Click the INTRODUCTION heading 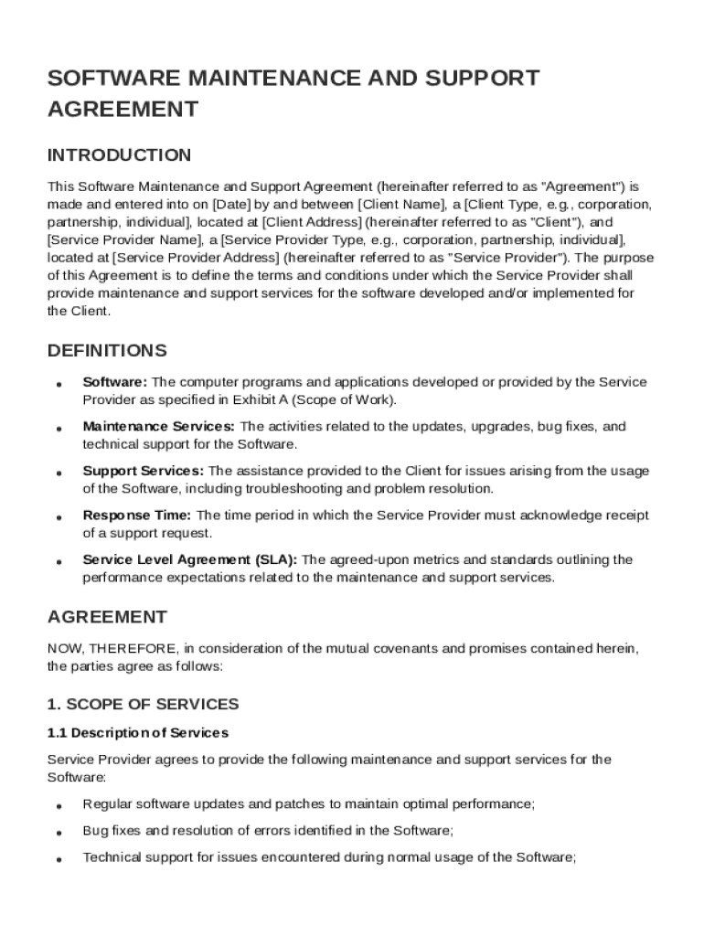119,154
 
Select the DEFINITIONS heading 107,351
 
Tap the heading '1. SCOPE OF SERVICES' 143,704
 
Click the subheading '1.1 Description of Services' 137,733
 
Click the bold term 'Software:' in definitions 114,382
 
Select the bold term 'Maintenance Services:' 159,427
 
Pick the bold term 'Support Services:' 144,471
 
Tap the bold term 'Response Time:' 137,516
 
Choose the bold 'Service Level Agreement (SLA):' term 189,559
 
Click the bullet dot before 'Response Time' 59,517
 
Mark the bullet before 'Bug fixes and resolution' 59,833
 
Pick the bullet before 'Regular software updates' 59,806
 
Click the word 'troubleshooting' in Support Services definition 290,489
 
